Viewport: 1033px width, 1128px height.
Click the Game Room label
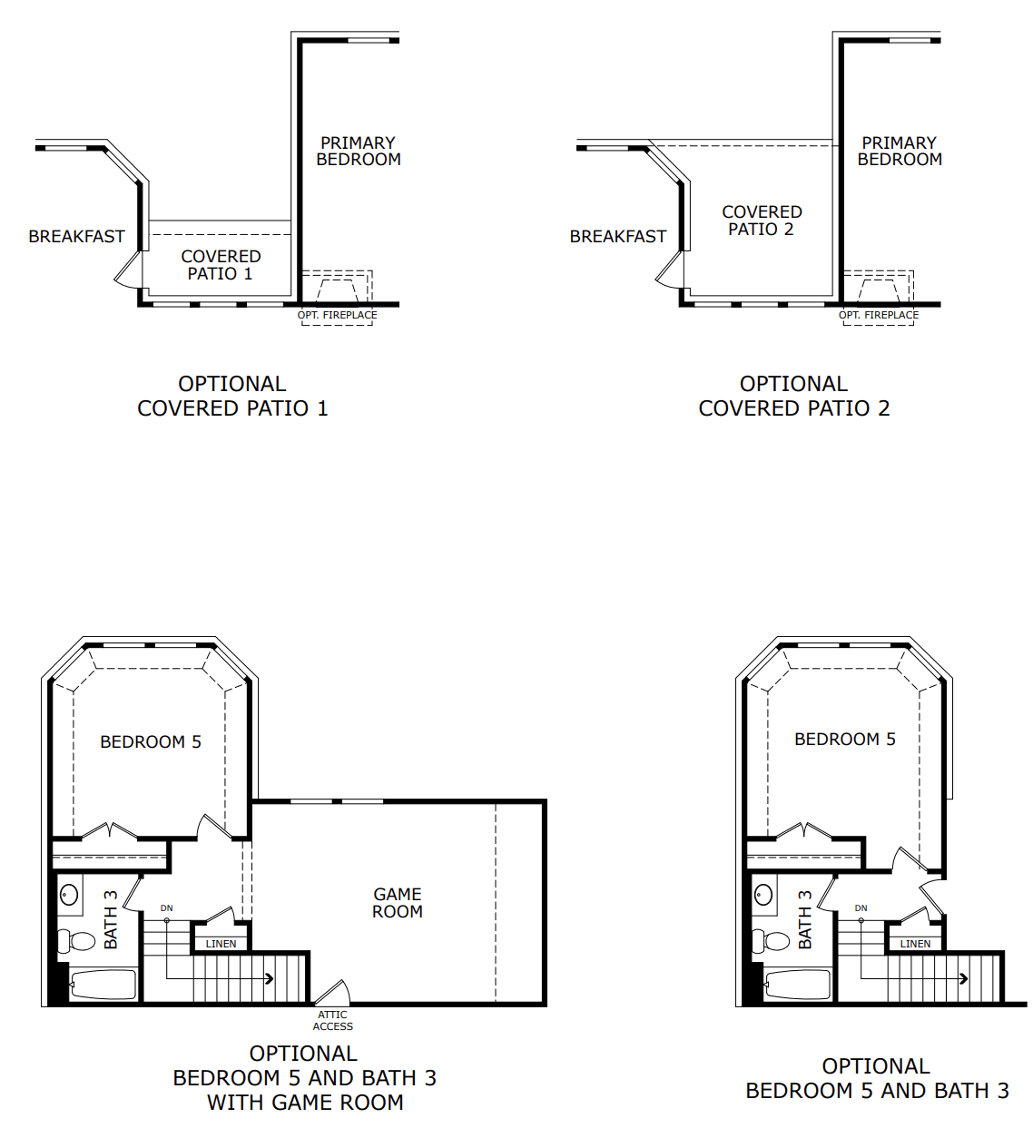[x=398, y=903]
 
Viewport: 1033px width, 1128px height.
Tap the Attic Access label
[x=332, y=1021]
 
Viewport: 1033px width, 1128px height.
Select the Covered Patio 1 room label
[x=221, y=265]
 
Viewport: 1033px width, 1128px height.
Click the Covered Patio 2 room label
[x=762, y=221]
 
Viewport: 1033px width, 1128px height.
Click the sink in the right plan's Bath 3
[x=763, y=895]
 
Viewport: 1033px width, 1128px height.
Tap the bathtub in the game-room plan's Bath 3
[x=103, y=985]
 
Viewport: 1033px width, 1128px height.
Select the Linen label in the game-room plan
[x=221, y=944]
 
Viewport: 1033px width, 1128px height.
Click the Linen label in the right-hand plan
[x=915, y=944]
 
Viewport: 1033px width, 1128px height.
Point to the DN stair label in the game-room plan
[x=167, y=908]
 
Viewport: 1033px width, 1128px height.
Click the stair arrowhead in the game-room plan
[x=270, y=978]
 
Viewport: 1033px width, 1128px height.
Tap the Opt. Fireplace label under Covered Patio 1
[x=337, y=315]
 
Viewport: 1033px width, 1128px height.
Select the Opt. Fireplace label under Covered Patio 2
[x=879, y=315]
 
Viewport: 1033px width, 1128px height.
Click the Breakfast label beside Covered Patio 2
[x=618, y=237]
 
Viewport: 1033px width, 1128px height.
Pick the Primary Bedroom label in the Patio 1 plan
[x=359, y=152]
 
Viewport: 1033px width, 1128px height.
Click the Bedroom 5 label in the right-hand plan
[x=844, y=740]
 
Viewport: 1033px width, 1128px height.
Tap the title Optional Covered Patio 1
[x=232, y=397]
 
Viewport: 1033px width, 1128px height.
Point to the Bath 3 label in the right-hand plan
[x=805, y=920]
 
